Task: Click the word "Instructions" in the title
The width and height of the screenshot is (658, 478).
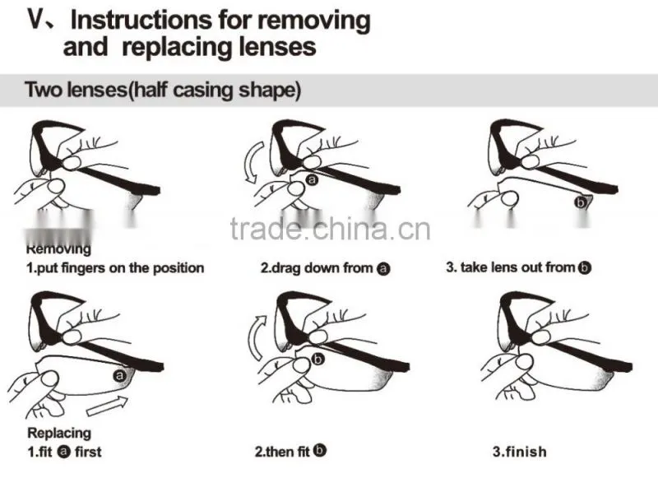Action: coord(141,20)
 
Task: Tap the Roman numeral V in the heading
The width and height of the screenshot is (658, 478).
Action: coord(36,19)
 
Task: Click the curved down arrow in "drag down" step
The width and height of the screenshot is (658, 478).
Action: coord(253,162)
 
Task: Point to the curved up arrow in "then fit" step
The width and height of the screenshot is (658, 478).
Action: coord(257,337)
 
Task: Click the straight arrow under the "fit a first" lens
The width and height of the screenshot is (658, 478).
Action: coord(107,406)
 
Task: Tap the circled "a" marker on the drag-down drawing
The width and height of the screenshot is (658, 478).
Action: coord(312,179)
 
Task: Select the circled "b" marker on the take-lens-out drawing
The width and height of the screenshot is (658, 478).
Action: coord(581,202)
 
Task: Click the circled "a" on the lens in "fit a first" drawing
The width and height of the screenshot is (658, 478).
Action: coord(119,375)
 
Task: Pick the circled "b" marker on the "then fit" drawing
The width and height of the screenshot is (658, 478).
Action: coord(318,360)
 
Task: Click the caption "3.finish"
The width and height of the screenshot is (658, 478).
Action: coord(520,452)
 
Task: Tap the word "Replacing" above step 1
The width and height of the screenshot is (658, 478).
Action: coord(59,433)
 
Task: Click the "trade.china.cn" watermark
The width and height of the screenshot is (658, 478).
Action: coord(331,230)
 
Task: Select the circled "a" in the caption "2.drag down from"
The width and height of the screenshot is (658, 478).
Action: coord(383,268)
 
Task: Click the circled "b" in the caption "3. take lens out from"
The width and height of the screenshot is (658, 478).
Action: coord(585,267)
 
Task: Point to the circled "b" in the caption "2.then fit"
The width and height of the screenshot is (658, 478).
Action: coord(320,450)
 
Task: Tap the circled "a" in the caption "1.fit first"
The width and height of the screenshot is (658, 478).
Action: coord(64,452)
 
